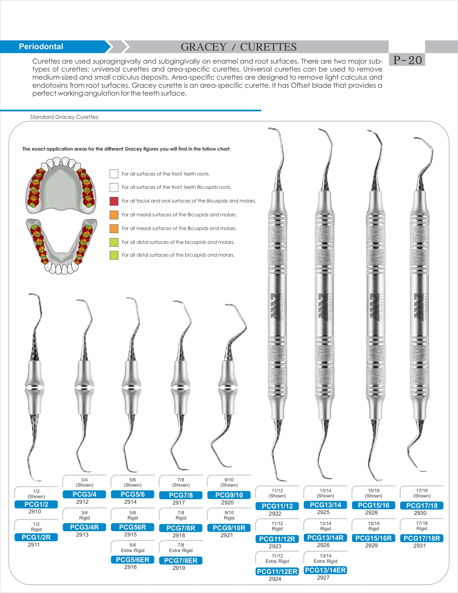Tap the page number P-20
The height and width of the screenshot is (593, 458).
coord(407,60)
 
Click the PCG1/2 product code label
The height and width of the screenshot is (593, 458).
coord(36,504)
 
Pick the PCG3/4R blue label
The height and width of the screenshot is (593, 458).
coord(84,527)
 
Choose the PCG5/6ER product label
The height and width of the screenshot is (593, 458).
coord(132,560)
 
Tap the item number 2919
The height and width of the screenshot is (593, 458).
coord(179,568)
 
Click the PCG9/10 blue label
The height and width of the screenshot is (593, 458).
coord(229,495)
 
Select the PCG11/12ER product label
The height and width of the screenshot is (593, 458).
coord(277,571)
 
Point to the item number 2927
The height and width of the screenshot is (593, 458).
coord(323,577)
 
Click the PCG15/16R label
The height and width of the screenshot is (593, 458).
coord(373,538)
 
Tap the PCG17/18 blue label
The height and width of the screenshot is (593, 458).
coord(422,506)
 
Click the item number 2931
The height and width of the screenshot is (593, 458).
coord(420,546)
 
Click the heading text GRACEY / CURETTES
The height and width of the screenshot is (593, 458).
coord(239,47)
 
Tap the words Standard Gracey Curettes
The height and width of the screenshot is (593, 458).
coord(65,117)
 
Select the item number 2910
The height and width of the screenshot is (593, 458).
coord(35,511)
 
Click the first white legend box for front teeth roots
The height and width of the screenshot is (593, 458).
coord(114,174)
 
